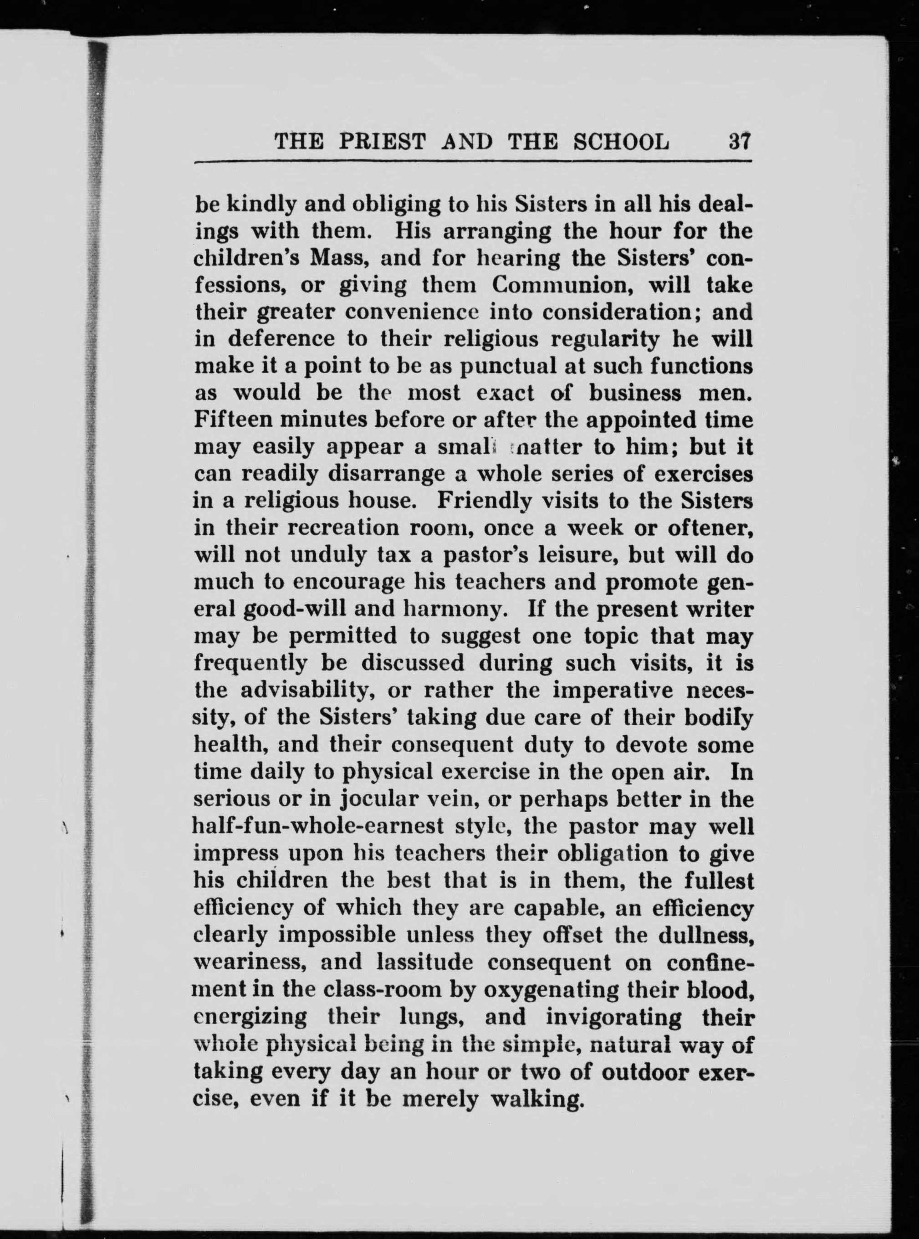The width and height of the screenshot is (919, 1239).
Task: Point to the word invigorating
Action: tap(613, 1018)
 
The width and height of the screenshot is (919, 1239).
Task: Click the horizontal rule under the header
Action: tap(472, 163)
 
